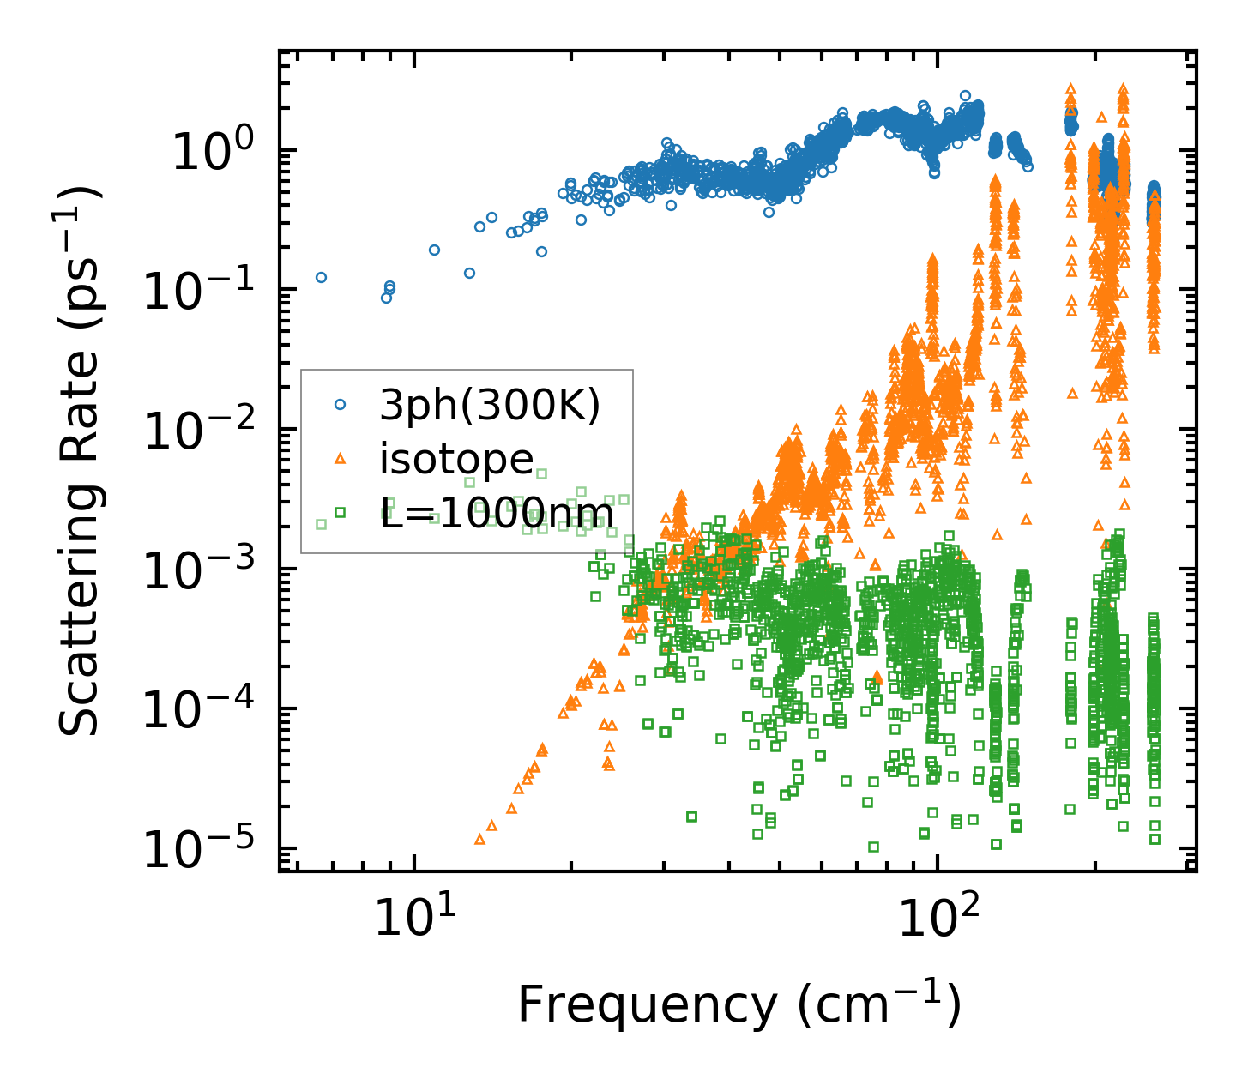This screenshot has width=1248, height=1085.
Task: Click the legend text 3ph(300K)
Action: [x=490, y=406]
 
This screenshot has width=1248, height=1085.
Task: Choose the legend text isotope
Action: [x=456, y=459]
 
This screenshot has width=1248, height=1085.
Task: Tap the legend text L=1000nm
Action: [x=497, y=514]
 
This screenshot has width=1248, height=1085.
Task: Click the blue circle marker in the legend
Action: [x=340, y=404]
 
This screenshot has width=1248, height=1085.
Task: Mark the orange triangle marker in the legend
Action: [x=340, y=459]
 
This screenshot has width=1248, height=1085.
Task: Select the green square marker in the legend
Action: [x=340, y=513]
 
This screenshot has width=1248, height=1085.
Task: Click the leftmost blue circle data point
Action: [x=322, y=277]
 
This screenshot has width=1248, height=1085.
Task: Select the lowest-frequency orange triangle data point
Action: [x=479, y=840]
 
